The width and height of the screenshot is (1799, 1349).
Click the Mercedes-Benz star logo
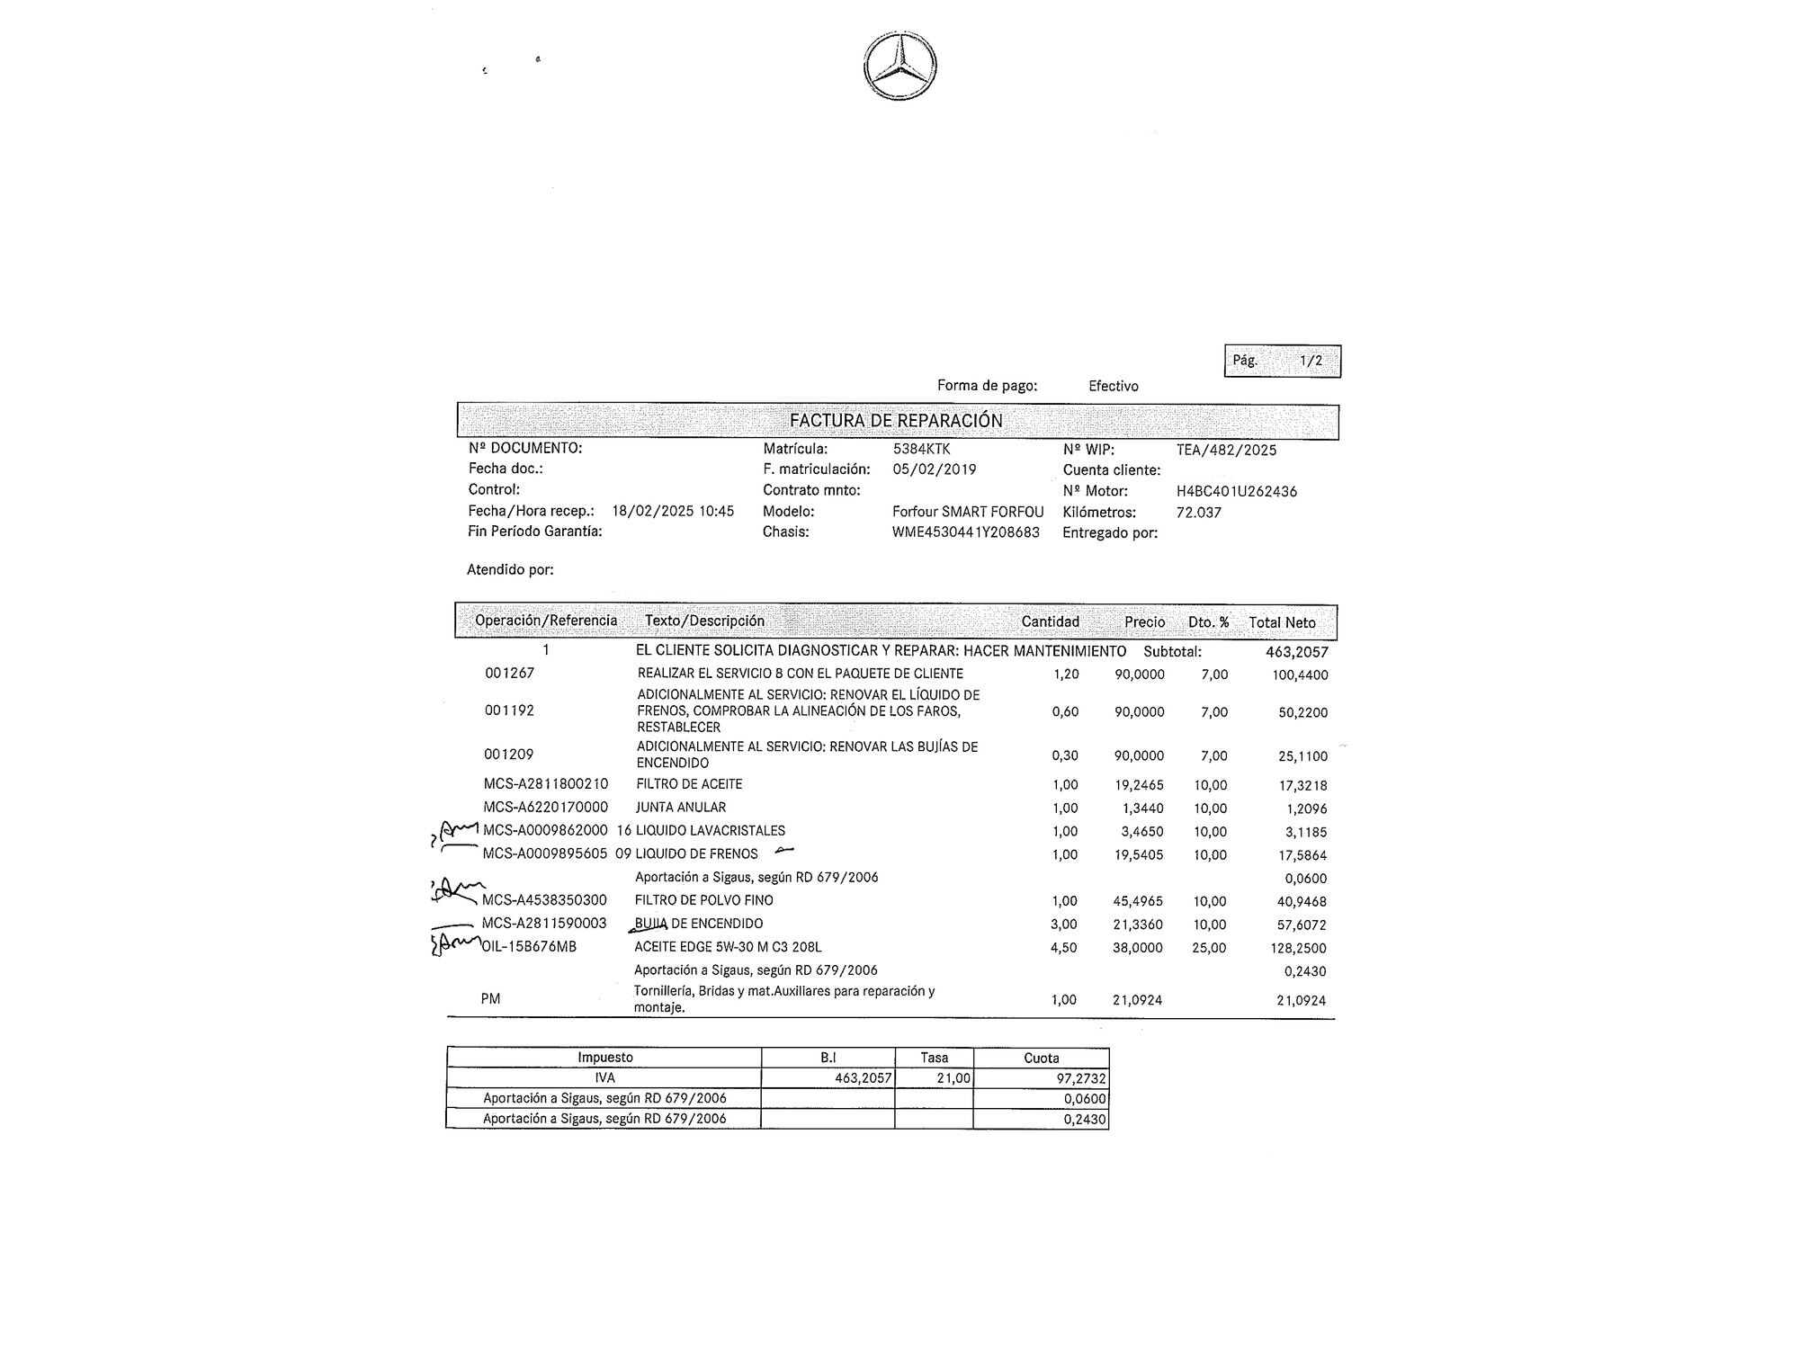pyautogui.click(x=899, y=67)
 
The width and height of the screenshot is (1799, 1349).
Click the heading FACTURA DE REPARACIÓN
pyautogui.click(x=896, y=421)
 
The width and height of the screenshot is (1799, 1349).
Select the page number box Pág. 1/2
pyautogui.click(x=1282, y=361)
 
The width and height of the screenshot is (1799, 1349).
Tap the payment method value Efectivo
pyautogui.click(x=1113, y=386)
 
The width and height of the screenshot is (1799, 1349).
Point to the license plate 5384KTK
pyautogui.click(x=921, y=449)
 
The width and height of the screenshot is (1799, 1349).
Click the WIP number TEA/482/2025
pyautogui.click(x=1226, y=450)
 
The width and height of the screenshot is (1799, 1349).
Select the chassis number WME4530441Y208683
pyautogui.click(x=965, y=532)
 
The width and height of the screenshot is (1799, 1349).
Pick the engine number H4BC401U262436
pyautogui.click(x=1236, y=491)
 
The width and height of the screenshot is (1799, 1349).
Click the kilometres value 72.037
pyautogui.click(x=1198, y=513)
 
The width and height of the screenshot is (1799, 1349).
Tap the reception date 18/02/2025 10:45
pyautogui.click(x=673, y=511)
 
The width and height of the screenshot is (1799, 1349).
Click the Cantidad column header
pyautogui.click(x=1050, y=621)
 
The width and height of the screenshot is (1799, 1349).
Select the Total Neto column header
pyautogui.click(x=1282, y=622)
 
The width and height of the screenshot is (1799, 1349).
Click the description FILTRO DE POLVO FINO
pyautogui.click(x=703, y=900)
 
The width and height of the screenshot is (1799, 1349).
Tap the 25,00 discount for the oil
pyautogui.click(x=1208, y=948)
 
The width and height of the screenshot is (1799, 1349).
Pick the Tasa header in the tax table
pyautogui.click(x=934, y=1058)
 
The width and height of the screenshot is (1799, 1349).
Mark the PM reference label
pyautogui.click(x=490, y=999)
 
